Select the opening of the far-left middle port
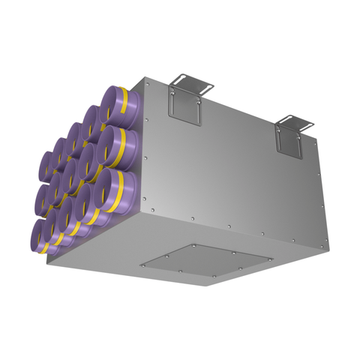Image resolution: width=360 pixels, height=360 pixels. [x=44, y=197]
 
